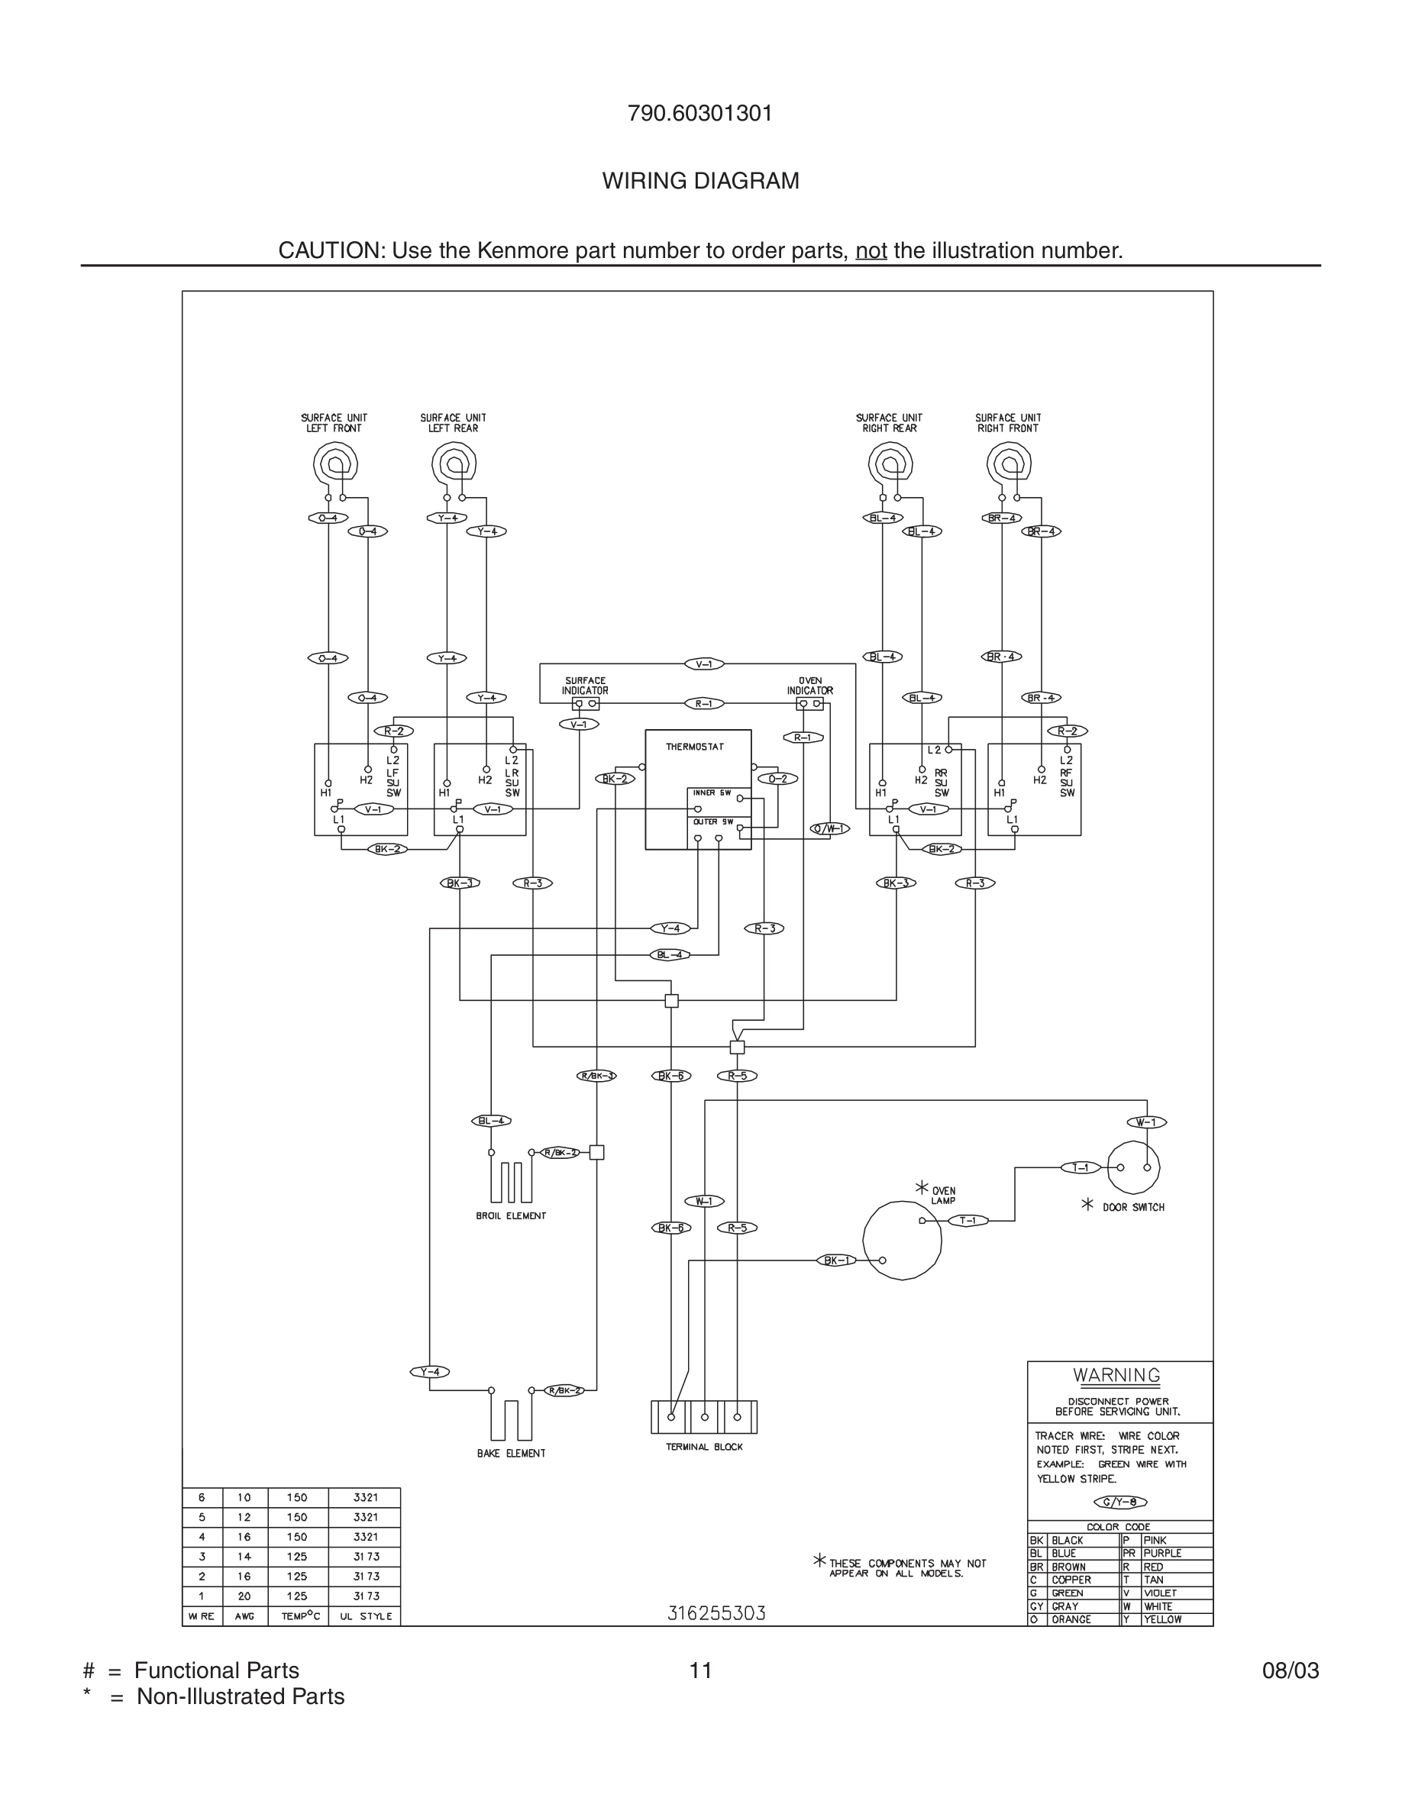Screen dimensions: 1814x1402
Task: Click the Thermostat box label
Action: click(694, 747)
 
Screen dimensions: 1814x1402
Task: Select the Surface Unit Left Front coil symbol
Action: click(335, 464)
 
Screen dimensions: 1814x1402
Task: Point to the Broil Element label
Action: click(511, 1216)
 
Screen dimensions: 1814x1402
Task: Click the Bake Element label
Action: click(511, 1454)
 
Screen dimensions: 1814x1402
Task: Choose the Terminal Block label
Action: click(704, 1447)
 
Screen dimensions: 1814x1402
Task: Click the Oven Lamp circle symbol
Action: click(902, 1241)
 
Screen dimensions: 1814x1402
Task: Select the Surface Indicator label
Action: click(585, 686)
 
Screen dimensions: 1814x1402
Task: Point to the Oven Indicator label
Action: click(809, 686)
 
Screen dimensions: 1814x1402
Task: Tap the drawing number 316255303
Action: click(717, 1613)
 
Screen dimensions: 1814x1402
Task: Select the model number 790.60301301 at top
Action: click(700, 114)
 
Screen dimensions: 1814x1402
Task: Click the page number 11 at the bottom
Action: click(700, 1670)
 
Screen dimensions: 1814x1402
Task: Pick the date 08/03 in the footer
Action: click(1290, 1670)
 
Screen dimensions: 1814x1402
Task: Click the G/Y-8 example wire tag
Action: click(1120, 1502)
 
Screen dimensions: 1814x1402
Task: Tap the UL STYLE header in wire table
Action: click(366, 1616)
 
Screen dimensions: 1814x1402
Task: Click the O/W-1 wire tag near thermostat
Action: click(830, 829)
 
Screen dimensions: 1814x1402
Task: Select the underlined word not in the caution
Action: click(871, 251)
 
